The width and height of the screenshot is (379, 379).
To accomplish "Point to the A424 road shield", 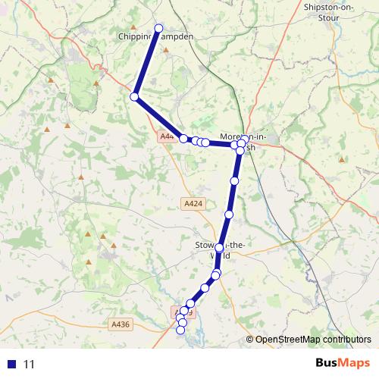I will (x=193, y=203).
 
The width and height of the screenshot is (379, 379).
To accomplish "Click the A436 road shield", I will (x=121, y=324).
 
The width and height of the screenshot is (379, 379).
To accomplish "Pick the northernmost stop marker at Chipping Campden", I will (x=159, y=29).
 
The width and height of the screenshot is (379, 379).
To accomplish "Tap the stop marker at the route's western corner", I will (x=134, y=96).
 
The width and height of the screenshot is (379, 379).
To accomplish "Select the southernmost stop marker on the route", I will (x=180, y=330).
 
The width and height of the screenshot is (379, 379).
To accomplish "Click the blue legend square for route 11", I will (x=12, y=364).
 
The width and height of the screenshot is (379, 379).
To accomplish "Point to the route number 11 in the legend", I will (x=30, y=364).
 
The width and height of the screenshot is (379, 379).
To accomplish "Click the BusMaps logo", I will (x=337, y=363).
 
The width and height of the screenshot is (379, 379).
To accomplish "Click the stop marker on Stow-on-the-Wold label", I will (x=219, y=248).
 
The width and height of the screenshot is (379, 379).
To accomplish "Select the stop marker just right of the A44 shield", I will (x=183, y=138).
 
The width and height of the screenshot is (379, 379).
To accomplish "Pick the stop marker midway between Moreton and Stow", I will (x=229, y=215).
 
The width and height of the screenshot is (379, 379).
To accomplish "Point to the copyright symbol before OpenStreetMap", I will (x=249, y=340).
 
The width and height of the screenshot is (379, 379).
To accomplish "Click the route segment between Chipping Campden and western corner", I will (x=146, y=63).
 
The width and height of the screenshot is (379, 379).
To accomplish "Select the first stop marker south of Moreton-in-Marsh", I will (x=235, y=180).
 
